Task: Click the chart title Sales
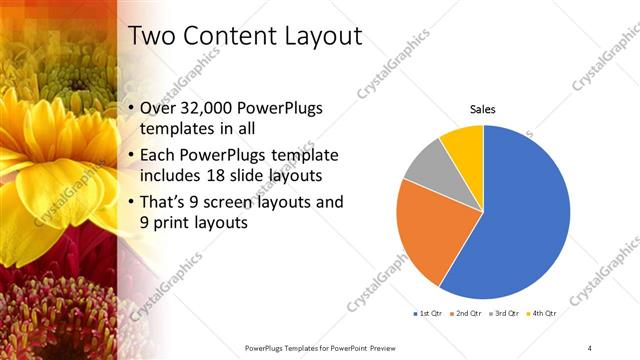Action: coord(483,109)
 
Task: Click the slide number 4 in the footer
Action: coord(590,347)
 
